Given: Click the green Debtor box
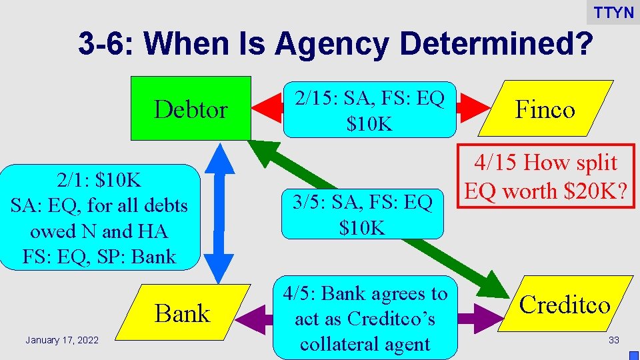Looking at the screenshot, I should pos(191,108).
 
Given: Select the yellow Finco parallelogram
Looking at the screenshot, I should pos(545,109).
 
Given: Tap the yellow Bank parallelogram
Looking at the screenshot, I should pos(182,313).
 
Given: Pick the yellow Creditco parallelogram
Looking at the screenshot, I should pos(564,305).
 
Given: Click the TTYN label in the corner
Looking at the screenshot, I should pos(613,13).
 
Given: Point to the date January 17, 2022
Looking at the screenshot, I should pos(62,341).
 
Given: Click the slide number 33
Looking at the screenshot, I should pos(613,341).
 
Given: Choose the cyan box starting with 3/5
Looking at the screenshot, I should pos(362,215).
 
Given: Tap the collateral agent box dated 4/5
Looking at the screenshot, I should pos(364,318).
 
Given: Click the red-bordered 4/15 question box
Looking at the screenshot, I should pos(545,177).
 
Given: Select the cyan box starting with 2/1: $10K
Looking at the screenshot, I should pos(100,218).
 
